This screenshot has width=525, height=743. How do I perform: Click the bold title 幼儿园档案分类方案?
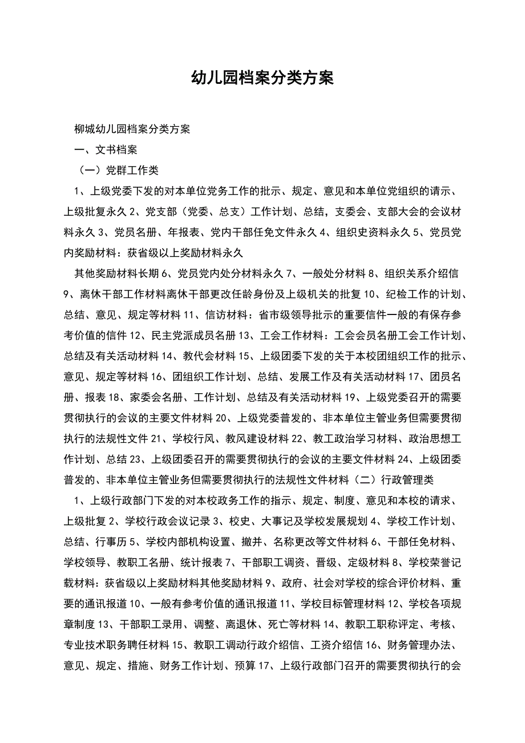262,78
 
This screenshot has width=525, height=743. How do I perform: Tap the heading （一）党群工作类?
118,171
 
